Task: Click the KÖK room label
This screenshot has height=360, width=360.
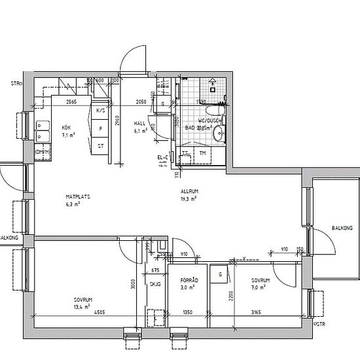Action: pyautogui.click(x=66, y=128)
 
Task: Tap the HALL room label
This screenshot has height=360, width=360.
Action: pyautogui.click(x=139, y=123)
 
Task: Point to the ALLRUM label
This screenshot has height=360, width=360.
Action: pyautogui.click(x=189, y=191)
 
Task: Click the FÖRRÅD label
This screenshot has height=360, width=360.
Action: pyautogui.click(x=189, y=279)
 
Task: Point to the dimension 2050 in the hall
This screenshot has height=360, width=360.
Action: pyautogui.click(x=141, y=102)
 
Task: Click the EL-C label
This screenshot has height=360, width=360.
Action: pyautogui.click(x=163, y=157)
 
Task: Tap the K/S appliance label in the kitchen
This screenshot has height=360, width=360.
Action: pyautogui.click(x=100, y=111)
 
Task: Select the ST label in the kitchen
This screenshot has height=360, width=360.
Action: pyautogui.click(x=100, y=145)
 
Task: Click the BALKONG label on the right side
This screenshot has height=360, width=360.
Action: pyautogui.click(x=342, y=228)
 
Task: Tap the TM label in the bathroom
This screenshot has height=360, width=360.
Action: pyautogui.click(x=202, y=153)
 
